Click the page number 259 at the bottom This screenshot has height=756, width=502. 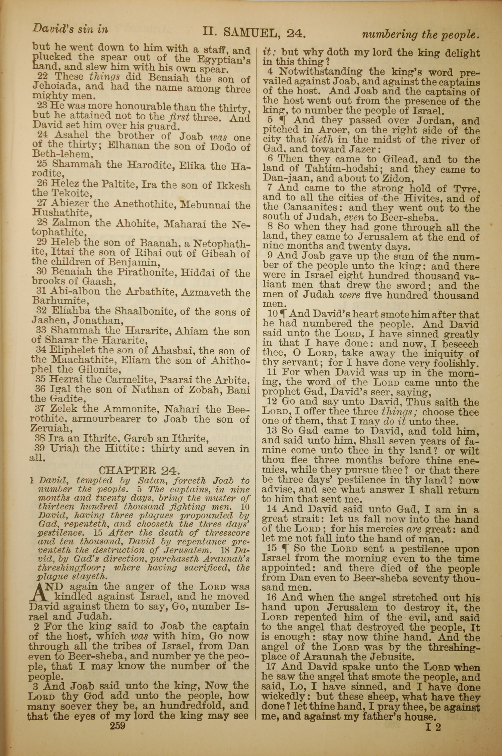click(x=117, y=726)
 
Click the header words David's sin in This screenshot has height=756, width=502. click(x=70, y=29)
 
